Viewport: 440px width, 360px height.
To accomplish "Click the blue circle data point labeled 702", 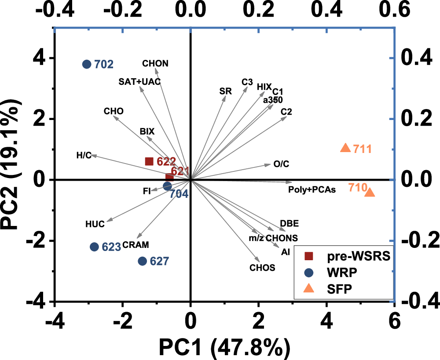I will (87, 64).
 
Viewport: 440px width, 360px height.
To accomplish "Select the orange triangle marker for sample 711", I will (345, 148).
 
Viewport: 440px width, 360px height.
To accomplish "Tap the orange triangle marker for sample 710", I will (370, 192).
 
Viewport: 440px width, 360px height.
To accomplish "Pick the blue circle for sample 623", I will (94, 247).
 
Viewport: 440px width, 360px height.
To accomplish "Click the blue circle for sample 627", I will (142, 261).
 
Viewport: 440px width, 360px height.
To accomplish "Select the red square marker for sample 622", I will (149, 161).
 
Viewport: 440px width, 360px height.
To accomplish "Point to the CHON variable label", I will (155, 63).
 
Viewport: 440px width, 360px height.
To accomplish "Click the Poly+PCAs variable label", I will (312, 190).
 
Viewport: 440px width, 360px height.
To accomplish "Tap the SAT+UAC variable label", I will (139, 82).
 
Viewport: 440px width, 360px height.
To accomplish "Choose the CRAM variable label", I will (136, 244).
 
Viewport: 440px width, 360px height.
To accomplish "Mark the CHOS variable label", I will (262, 267).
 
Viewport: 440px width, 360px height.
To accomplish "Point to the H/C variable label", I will (84, 155).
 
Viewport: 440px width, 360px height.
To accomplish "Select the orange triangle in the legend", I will (309, 288).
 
